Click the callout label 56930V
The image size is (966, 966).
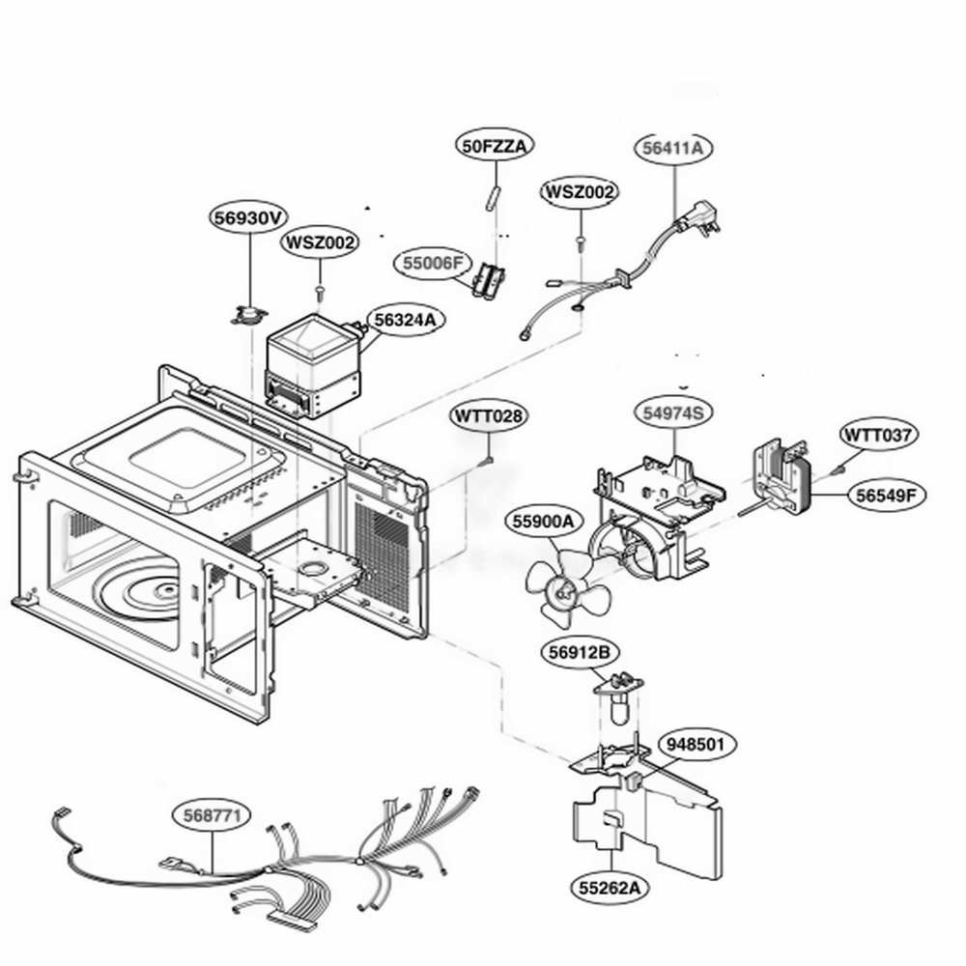[x=249, y=218]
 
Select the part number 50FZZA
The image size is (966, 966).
[x=495, y=146]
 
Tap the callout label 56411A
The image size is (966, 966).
[x=672, y=148]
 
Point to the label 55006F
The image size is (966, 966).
[x=433, y=263]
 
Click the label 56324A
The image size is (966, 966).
[x=406, y=320]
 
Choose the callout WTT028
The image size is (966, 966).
[x=489, y=415]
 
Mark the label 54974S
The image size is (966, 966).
[x=672, y=412]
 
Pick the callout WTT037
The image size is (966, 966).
[x=878, y=436]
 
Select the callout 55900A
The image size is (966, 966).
[x=543, y=522]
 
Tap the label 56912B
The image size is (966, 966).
[x=579, y=652]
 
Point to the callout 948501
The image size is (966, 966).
[x=697, y=744]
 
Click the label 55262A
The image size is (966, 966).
[x=610, y=888]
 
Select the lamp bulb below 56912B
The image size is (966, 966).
[x=618, y=708]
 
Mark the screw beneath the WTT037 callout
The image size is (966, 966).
[x=837, y=470]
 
